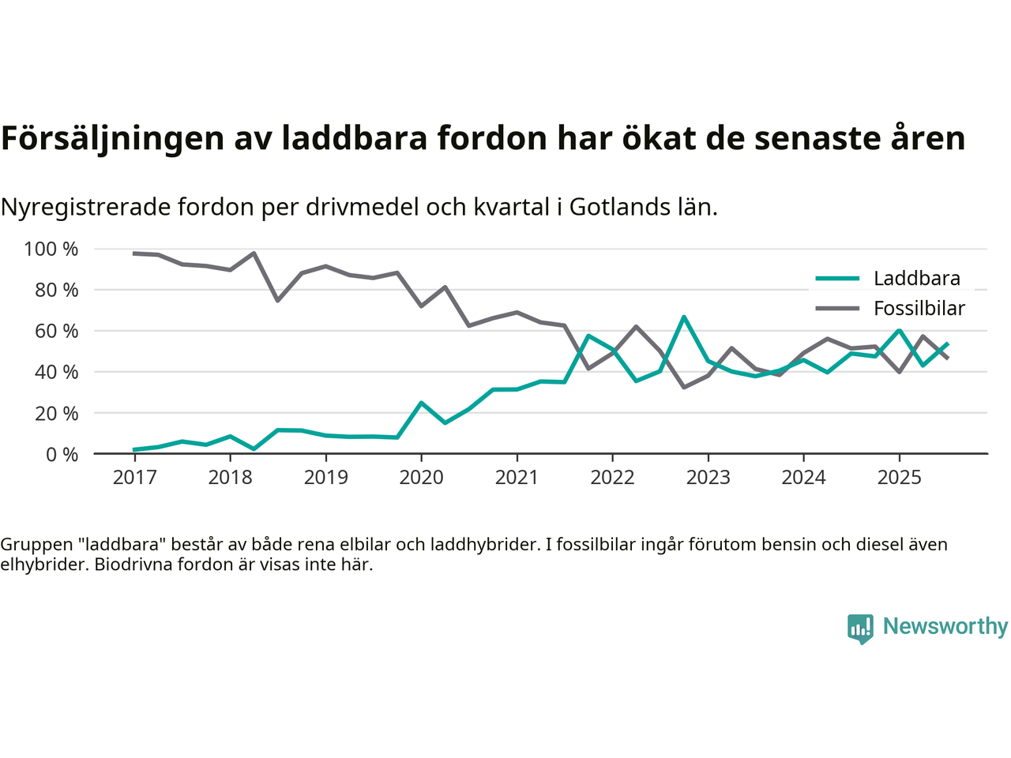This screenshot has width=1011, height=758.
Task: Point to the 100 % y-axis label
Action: click(x=51, y=250)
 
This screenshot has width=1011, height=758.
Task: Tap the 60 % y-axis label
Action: click(x=56, y=331)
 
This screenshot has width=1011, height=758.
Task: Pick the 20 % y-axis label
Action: click(x=56, y=413)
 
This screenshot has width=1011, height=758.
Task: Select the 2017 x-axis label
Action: click(x=134, y=478)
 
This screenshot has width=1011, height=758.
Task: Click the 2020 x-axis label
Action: click(x=421, y=478)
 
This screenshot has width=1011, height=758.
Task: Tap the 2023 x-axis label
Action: click(x=708, y=478)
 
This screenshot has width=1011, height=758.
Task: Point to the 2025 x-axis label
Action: click(x=899, y=478)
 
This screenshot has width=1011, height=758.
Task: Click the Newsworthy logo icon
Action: click(x=860, y=629)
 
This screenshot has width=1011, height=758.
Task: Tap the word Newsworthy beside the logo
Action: click(x=945, y=626)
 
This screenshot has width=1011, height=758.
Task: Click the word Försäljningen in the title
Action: click(x=112, y=138)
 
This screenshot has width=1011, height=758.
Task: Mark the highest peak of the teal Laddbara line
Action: click(x=684, y=317)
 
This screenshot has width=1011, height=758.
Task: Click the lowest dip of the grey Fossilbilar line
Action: click(x=684, y=387)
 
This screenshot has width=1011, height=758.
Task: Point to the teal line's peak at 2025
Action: click(x=899, y=331)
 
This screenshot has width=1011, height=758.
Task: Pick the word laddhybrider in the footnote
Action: click(x=490, y=544)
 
